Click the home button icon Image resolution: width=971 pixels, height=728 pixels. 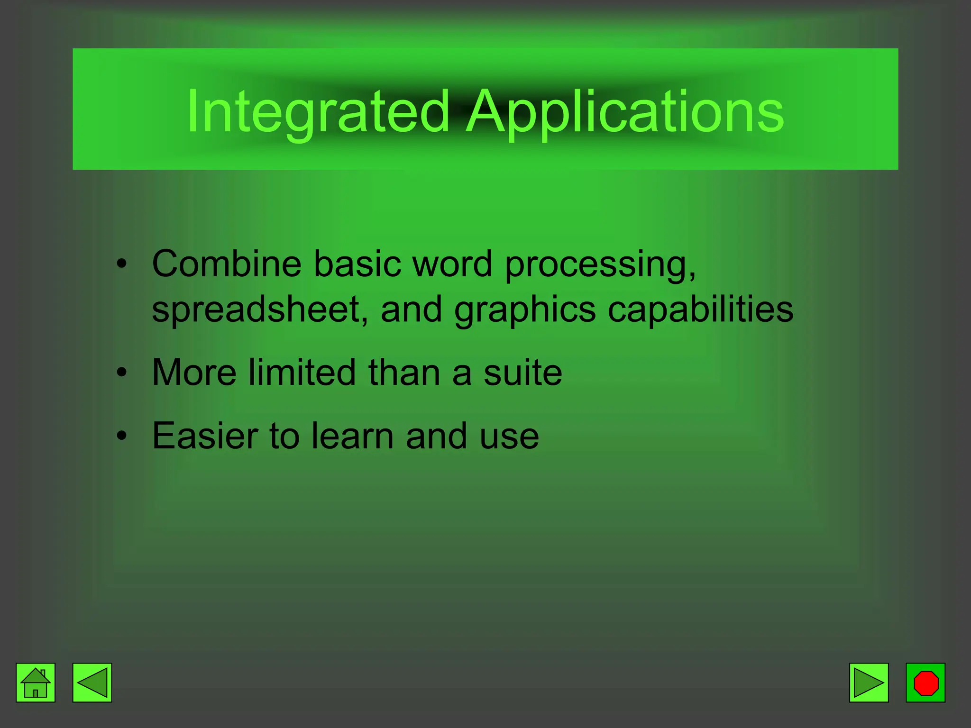(36, 682)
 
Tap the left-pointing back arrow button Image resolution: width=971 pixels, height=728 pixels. (92, 682)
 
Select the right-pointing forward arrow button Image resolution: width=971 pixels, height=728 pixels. (869, 682)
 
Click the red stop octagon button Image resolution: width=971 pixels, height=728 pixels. (925, 682)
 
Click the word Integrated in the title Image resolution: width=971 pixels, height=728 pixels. (318, 112)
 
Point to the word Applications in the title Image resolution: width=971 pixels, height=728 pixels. (625, 112)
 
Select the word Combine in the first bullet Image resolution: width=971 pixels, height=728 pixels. (227, 264)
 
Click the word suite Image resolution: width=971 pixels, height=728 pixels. (522, 373)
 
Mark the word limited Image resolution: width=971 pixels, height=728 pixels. (302, 373)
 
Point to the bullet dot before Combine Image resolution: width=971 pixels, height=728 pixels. (122, 264)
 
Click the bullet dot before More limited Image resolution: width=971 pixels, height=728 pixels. (122, 373)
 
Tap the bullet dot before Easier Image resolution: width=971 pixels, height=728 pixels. (122, 436)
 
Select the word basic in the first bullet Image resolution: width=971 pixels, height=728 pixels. (357, 264)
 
